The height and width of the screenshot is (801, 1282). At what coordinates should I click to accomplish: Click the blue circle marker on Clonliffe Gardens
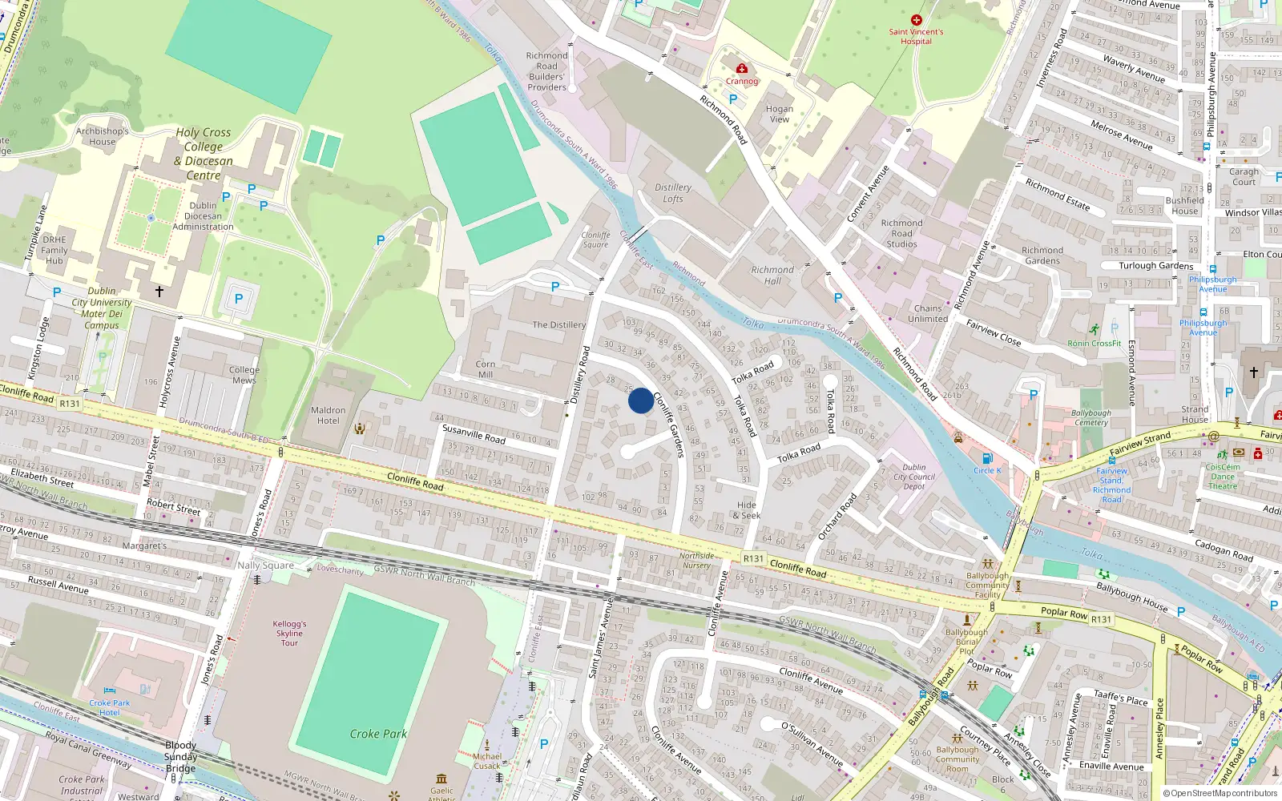click(641, 400)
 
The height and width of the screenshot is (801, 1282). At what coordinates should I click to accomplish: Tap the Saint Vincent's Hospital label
click(916, 36)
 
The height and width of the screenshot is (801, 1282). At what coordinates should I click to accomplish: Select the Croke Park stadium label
click(378, 734)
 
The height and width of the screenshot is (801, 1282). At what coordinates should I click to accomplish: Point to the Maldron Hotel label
click(328, 415)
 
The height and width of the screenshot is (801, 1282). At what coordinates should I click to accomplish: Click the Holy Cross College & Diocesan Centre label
click(204, 154)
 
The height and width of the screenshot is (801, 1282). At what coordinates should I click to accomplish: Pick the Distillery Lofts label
click(673, 193)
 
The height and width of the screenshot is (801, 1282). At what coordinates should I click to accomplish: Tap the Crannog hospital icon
click(742, 69)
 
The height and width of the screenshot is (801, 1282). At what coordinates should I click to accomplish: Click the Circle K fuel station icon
click(987, 458)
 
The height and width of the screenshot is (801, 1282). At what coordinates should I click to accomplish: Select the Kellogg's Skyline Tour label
click(289, 633)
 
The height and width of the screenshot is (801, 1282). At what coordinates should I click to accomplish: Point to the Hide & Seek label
click(747, 510)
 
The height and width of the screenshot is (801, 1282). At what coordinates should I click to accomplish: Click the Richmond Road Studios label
click(901, 234)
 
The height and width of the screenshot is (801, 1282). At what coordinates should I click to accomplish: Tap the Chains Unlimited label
click(928, 313)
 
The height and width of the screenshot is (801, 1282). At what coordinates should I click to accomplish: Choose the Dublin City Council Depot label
click(914, 477)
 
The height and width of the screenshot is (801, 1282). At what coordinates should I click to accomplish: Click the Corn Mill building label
click(486, 369)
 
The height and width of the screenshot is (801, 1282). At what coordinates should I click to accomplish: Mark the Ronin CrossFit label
click(1095, 344)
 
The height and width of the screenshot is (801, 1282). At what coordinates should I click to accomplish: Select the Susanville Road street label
click(474, 434)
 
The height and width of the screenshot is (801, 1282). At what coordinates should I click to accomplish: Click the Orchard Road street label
click(837, 516)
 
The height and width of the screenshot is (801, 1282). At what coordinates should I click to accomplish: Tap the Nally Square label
click(265, 566)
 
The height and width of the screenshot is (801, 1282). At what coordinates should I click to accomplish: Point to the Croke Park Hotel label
click(110, 707)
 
